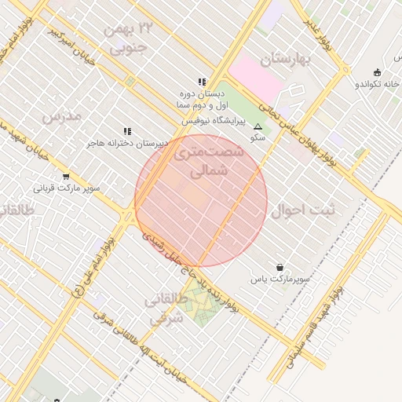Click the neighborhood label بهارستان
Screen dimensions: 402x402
287,60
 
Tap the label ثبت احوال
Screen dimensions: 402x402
302,210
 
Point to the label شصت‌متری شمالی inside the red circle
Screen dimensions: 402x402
203,159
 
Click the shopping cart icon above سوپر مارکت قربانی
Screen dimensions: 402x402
65,177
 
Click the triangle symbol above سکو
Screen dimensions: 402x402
258,126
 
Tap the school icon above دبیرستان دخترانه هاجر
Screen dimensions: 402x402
126,131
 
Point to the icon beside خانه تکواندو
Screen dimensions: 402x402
378,72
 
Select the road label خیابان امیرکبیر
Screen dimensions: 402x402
76,46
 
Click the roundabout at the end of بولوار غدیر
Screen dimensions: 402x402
346,69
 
